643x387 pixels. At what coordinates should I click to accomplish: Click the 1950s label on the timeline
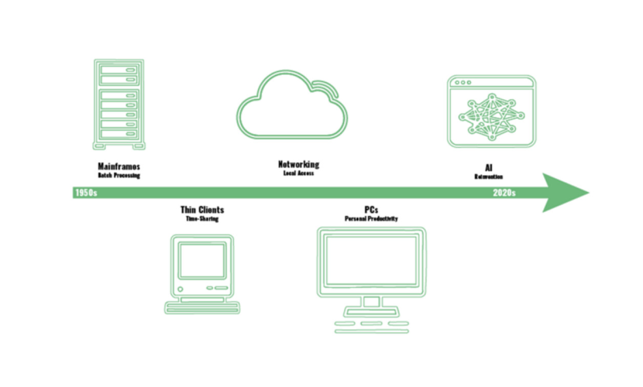point(86,193)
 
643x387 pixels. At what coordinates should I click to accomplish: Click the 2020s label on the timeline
point(504,193)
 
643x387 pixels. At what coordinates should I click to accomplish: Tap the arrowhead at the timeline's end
point(563,193)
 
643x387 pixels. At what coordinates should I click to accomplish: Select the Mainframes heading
point(119,166)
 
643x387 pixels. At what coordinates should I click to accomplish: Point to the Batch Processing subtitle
point(119,175)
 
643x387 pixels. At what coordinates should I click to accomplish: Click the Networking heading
point(298,164)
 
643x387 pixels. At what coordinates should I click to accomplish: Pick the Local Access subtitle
point(298,173)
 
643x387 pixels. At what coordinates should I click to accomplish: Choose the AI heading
point(489,167)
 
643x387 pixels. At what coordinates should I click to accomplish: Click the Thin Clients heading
point(202,210)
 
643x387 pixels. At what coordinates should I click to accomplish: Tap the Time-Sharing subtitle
point(202,219)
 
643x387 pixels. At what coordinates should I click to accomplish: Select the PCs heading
point(371,210)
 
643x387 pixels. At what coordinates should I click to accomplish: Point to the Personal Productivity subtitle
point(371,219)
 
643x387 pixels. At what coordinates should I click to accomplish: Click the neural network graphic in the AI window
point(491,117)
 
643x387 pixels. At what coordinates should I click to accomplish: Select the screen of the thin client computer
point(202,260)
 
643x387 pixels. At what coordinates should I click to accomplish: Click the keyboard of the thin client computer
point(202,308)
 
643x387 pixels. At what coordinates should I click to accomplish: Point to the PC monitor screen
point(371,260)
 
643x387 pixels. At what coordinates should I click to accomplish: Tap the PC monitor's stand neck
point(371,302)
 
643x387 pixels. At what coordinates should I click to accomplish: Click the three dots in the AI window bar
point(462,82)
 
